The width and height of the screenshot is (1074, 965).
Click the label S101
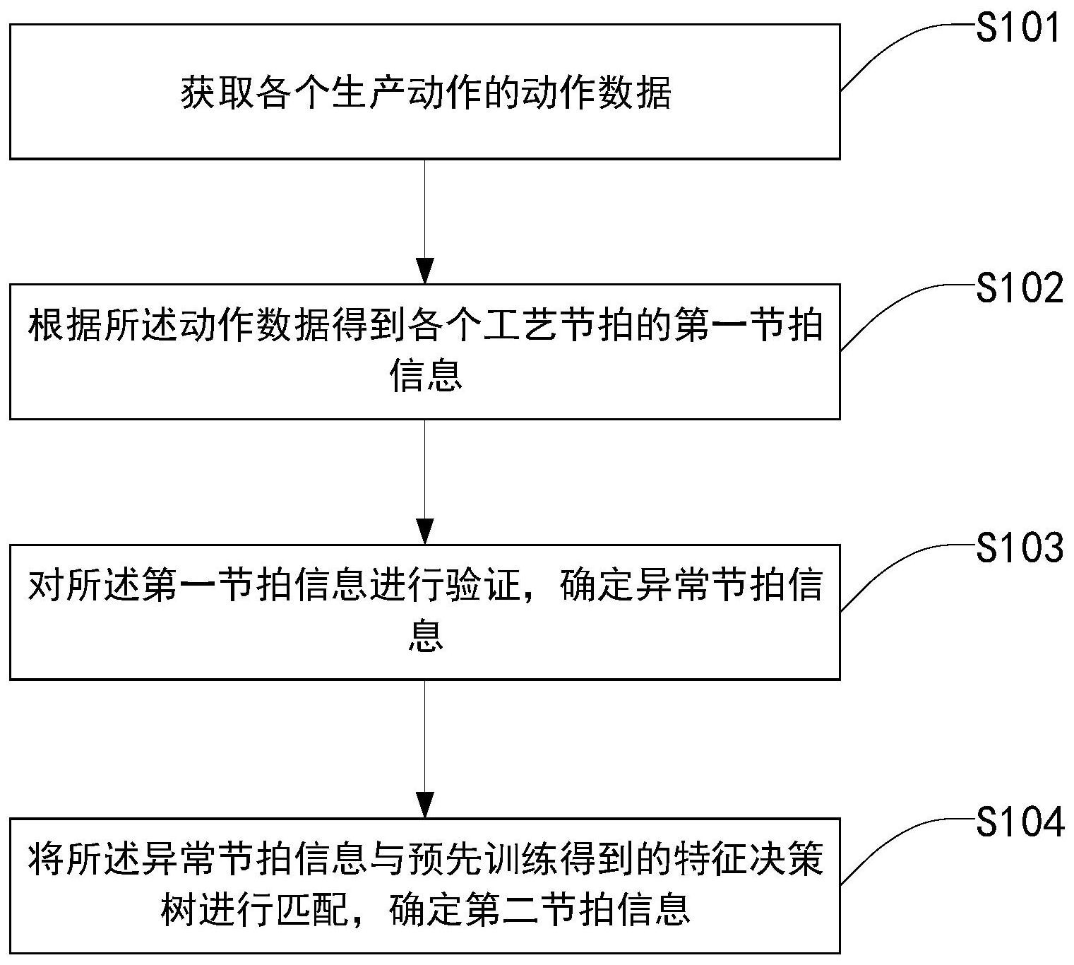point(1018,29)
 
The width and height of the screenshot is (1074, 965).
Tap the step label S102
point(1019,290)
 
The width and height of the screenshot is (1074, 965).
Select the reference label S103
point(1019,549)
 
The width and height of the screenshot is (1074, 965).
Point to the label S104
point(1019,822)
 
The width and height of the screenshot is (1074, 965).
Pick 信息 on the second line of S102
point(425,376)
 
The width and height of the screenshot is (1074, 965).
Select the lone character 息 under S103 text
point(425,636)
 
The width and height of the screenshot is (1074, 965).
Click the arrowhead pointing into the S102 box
point(424,272)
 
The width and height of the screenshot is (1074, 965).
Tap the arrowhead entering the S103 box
point(424,532)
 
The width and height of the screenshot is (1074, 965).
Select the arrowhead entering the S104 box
point(424,805)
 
